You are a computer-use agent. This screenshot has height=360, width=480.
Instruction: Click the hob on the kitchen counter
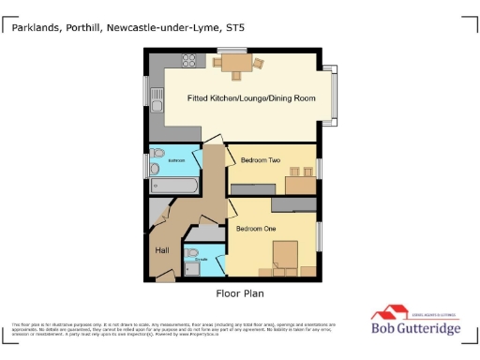click(188, 61)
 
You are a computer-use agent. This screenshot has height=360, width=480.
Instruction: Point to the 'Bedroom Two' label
click(260, 160)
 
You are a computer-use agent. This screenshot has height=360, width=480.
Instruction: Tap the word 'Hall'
click(160, 249)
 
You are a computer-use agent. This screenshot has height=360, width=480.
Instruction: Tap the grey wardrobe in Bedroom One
click(293, 203)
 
